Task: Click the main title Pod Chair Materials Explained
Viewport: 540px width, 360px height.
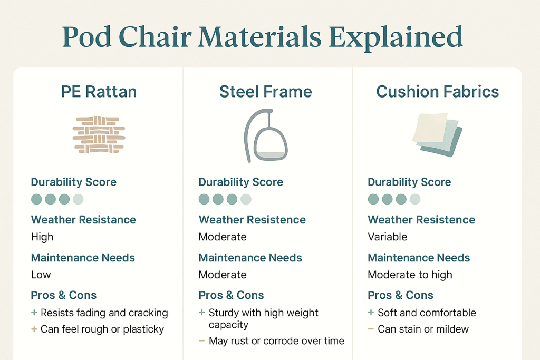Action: (262, 37)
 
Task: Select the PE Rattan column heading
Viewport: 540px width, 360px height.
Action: (99, 92)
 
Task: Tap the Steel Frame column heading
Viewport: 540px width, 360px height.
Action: (266, 92)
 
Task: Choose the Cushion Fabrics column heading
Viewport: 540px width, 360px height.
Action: (437, 92)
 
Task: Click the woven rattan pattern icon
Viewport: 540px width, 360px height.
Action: (99, 135)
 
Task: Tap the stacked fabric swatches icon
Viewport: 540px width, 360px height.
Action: (437, 134)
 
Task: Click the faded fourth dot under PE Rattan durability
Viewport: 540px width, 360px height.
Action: (78, 199)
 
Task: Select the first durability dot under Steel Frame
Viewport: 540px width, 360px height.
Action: (204, 199)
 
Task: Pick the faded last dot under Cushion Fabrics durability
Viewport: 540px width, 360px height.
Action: (415, 199)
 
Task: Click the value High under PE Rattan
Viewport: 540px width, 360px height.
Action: (42, 237)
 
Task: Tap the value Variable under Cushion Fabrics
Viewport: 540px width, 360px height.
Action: (388, 237)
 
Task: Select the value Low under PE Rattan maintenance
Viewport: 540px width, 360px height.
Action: (41, 275)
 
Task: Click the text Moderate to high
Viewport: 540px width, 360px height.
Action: (410, 275)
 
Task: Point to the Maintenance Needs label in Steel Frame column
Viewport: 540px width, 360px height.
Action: (250, 258)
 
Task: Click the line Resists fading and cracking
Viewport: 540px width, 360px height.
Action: (104, 313)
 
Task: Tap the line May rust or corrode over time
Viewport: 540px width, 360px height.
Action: (276, 341)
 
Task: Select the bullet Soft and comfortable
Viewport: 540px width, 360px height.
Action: (427, 313)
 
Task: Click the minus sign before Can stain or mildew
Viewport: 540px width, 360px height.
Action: (371, 329)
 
